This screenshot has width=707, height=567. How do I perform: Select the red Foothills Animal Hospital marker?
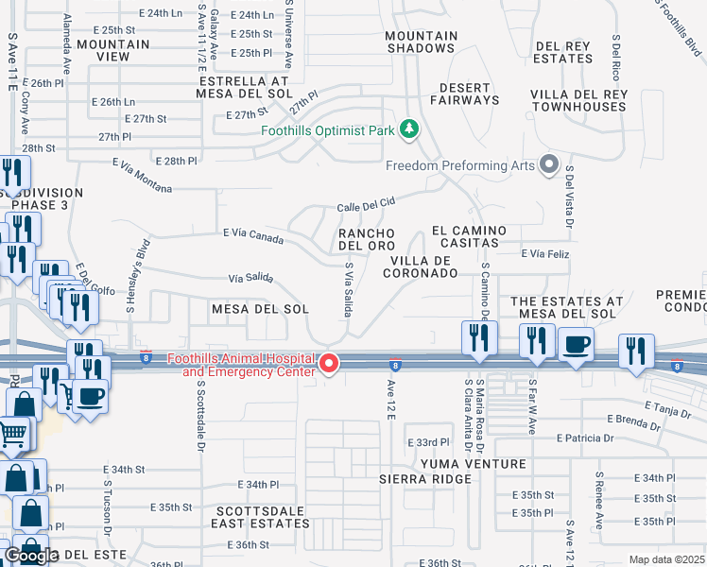tap(329, 363)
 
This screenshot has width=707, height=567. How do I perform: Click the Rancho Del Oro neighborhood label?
tap(367, 239)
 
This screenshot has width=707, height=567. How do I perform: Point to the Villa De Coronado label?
tap(421, 266)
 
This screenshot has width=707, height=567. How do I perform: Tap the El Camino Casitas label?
tap(469, 236)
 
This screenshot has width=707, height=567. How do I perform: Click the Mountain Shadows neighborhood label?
tap(422, 42)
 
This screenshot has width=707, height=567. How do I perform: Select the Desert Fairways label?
tap(465, 94)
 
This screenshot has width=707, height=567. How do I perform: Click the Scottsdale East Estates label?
tap(257, 516)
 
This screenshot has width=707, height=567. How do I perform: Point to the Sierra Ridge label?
tap(425, 479)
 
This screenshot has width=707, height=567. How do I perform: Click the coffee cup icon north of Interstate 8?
tap(576, 344)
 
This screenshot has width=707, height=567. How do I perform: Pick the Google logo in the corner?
tap(32, 555)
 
